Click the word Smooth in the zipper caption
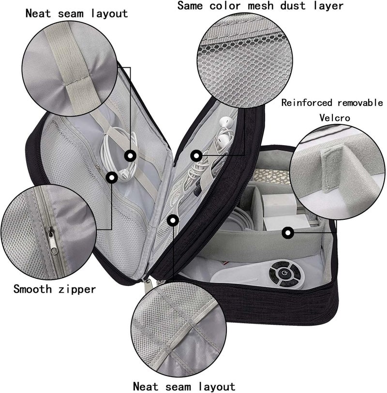tap(32, 289)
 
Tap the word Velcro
tap(335, 118)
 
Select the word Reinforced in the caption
tap(307, 103)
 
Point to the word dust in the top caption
tap(293, 6)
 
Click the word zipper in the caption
tap(77, 290)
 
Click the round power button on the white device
tap(284, 272)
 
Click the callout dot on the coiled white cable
tap(130, 156)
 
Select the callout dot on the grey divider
tap(288, 233)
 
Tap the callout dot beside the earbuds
tap(196, 156)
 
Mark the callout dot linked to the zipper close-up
tap(112, 178)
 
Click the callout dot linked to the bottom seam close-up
tap(173, 221)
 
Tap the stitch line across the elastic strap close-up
tap(74, 81)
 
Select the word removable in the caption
tap(360, 103)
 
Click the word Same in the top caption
tap(190, 5)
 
